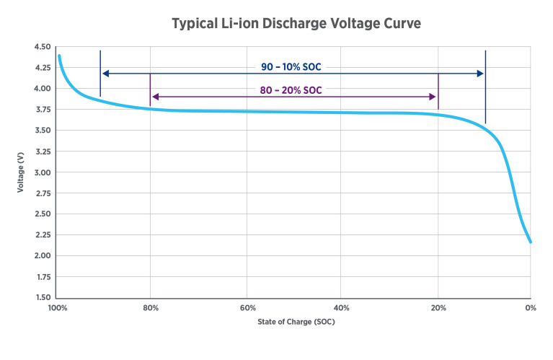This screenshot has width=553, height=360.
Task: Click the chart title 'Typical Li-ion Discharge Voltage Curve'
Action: pyautogui.click(x=296, y=24)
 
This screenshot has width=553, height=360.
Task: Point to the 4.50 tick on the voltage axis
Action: pyautogui.click(x=42, y=48)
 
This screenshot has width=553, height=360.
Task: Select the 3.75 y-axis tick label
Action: pyautogui.click(x=42, y=110)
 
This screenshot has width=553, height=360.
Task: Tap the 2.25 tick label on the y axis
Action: pyautogui.click(x=42, y=235)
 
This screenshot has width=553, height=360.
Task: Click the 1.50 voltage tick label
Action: pyautogui.click(x=42, y=298)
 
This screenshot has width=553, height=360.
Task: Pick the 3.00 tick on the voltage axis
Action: pyautogui.click(x=42, y=172)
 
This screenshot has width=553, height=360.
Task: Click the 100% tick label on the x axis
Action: pyautogui.click(x=58, y=309)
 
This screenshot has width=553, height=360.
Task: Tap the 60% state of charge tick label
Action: pyautogui.click(x=247, y=309)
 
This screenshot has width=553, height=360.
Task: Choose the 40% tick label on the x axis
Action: pyautogui.click(x=342, y=309)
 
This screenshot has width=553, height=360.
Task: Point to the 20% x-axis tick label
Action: pyautogui.click(x=438, y=309)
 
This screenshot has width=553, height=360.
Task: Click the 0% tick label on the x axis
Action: pyautogui.click(x=531, y=309)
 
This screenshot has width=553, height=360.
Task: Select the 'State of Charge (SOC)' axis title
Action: pyautogui.click(x=296, y=322)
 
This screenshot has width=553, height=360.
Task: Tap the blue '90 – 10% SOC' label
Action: pyautogui.click(x=291, y=67)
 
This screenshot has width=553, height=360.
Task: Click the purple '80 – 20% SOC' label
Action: pyautogui.click(x=291, y=90)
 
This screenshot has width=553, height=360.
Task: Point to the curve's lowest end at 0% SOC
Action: pyautogui.click(x=531, y=242)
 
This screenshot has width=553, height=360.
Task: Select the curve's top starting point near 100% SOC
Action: pyautogui.click(x=59, y=56)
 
